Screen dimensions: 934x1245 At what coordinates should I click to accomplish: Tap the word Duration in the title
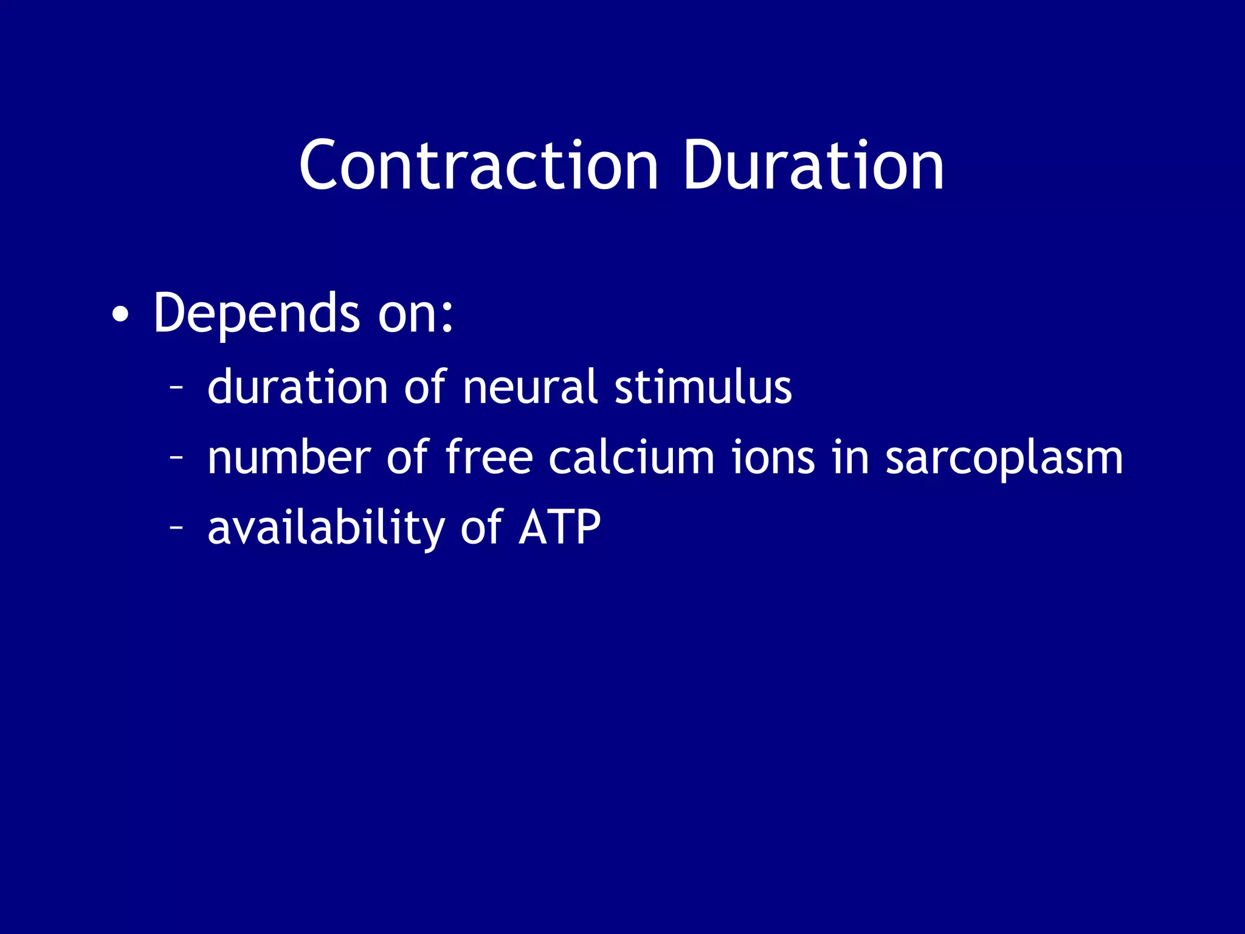tap(813, 165)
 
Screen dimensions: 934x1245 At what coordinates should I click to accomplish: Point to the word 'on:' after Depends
tap(416, 315)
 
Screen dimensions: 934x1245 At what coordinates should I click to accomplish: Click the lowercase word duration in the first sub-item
tap(297, 387)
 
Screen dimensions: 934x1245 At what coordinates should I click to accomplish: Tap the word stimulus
tap(703, 387)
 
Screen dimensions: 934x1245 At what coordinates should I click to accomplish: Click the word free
tap(489, 457)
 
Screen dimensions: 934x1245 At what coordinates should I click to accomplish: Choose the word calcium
tap(631, 457)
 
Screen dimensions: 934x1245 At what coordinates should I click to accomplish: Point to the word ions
tap(772, 457)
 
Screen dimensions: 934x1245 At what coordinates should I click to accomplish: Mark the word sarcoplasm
tap(1004, 458)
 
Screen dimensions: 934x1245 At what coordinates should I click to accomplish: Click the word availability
tap(326, 528)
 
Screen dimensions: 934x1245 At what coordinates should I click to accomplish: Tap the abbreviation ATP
tap(560, 528)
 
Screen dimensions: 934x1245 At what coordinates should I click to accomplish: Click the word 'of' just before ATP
tap(481, 528)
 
